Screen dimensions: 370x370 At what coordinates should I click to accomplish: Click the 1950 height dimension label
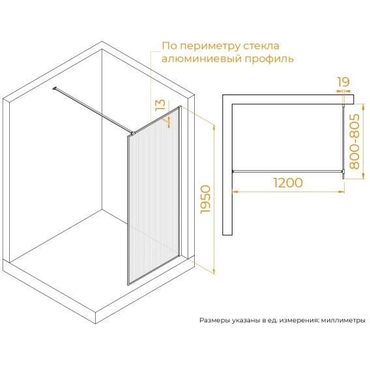(205, 199)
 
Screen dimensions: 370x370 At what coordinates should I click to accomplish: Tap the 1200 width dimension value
(288, 182)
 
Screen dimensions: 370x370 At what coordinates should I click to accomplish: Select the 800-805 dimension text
(354, 141)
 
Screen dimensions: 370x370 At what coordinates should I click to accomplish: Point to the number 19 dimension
(343, 82)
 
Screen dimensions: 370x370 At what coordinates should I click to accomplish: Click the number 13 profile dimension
(160, 105)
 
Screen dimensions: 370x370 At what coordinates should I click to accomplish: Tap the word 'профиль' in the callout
(269, 59)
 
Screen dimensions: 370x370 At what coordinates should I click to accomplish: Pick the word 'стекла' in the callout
(261, 46)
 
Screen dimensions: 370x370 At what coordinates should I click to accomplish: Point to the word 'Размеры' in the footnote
(214, 320)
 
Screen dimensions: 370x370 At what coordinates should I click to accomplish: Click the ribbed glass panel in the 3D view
(153, 196)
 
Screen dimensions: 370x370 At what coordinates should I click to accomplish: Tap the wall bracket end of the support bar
(54, 89)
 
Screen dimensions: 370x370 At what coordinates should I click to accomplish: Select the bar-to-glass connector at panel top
(133, 134)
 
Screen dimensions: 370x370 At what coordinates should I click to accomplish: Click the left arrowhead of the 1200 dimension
(235, 192)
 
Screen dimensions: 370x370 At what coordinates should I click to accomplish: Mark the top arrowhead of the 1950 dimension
(214, 128)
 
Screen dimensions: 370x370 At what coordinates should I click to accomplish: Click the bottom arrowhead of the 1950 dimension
(214, 271)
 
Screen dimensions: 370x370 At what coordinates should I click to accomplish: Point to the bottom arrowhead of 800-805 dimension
(363, 176)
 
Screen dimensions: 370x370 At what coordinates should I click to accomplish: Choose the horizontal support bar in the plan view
(288, 171)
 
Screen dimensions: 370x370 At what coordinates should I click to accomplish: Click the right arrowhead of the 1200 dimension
(341, 192)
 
